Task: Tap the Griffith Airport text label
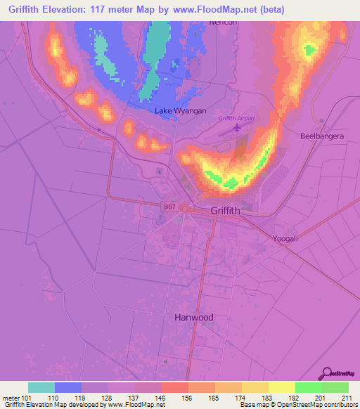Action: pyautogui.click(x=236, y=118)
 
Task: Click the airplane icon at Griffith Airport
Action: pyautogui.click(x=236, y=129)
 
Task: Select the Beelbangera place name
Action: pyautogui.click(x=321, y=136)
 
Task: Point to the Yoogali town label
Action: pyautogui.click(x=286, y=239)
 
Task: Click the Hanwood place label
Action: pyautogui.click(x=193, y=317)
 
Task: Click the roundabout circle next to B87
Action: pyautogui.click(x=185, y=208)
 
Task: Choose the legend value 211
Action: pyautogui.click(x=347, y=397)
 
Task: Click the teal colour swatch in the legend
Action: pyautogui.click(x=41, y=387)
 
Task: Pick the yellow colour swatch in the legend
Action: pyautogui.click(x=281, y=387)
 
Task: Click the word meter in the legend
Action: pyautogui.click(x=11, y=397)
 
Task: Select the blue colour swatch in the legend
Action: pyautogui.click(x=68, y=387)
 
